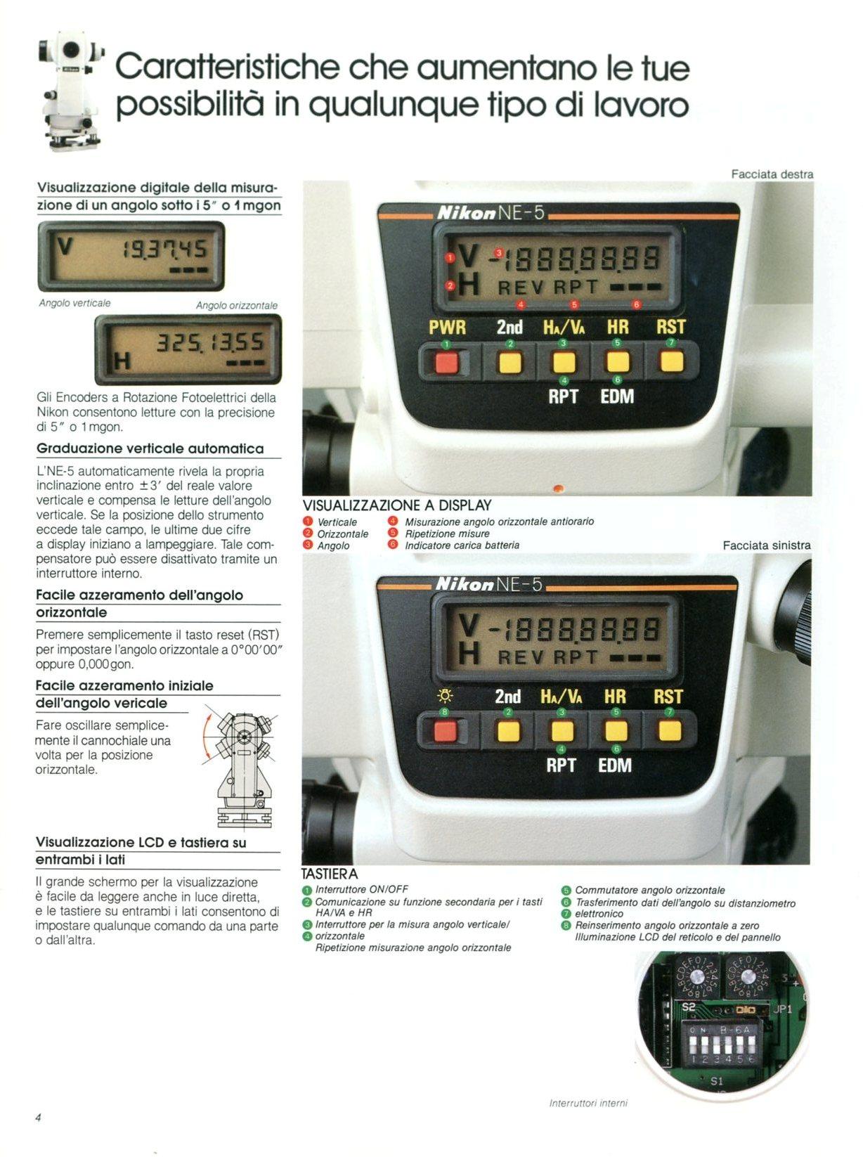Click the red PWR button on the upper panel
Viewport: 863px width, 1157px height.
coord(447,362)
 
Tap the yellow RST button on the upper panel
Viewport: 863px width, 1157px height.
coord(672,361)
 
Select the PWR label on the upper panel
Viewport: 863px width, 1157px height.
coord(447,328)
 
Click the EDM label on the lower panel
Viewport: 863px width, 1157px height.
coord(615,765)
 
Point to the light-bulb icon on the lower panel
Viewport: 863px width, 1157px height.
coord(445,697)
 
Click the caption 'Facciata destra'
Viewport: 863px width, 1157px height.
coord(772,174)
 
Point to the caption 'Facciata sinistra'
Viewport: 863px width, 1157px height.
coord(767,545)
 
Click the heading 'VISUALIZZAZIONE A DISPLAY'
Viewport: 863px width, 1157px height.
coord(397,505)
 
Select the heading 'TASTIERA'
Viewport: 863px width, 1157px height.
coord(330,874)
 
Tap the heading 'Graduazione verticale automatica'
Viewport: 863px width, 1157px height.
coord(150,448)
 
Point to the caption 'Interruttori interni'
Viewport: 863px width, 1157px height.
coord(588,1104)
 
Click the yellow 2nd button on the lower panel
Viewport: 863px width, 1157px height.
coord(508,732)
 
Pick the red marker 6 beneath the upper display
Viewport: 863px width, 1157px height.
coord(637,304)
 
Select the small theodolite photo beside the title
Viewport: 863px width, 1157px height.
coord(71,91)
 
